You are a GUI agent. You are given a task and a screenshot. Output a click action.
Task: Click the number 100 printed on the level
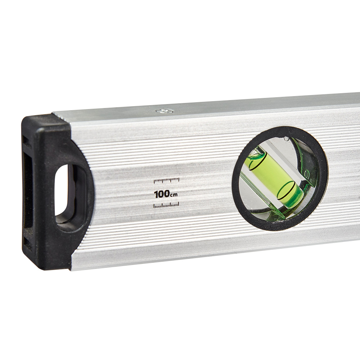(x=162, y=194)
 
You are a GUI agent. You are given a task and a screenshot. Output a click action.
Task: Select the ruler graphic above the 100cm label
(x=166, y=180)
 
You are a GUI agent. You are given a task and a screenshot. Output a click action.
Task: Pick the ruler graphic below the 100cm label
(x=166, y=205)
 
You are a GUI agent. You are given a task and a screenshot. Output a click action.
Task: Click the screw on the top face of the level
(x=164, y=111)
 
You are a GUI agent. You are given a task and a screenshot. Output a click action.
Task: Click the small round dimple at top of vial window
(x=287, y=139)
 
